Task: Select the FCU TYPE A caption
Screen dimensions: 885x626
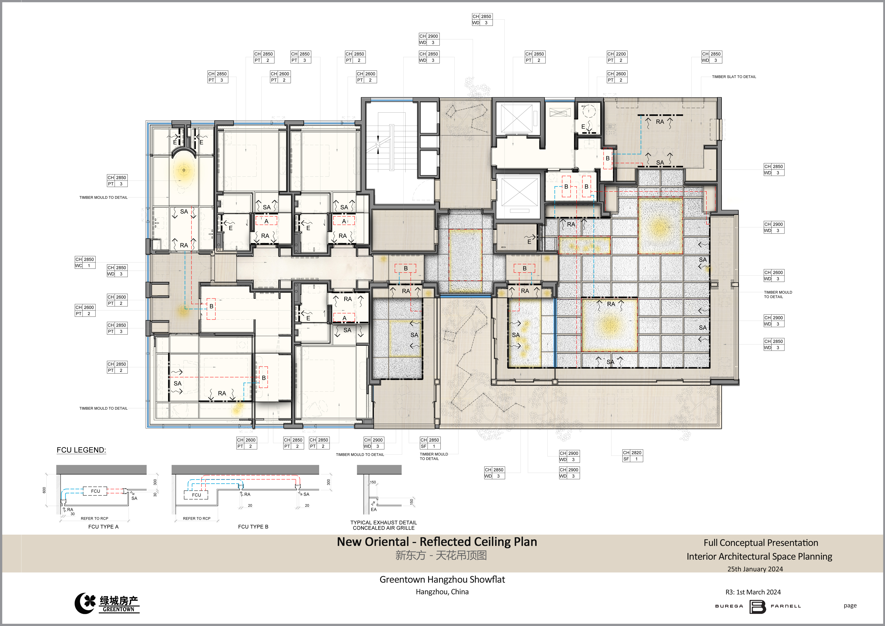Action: [x=103, y=527]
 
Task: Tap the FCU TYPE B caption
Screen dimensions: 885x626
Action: [x=253, y=527]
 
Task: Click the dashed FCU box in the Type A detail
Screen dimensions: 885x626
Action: [x=95, y=491]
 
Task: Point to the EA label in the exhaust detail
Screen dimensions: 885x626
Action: [x=374, y=510]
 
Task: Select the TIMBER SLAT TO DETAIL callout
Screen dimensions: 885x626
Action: [x=734, y=77]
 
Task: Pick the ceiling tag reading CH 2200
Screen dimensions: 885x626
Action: [x=617, y=57]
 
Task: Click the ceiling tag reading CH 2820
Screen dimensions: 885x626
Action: [x=633, y=456]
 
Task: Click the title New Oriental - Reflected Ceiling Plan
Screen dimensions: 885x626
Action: [x=437, y=542]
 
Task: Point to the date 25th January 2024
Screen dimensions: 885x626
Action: [x=755, y=569]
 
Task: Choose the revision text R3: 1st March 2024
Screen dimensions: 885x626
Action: [x=753, y=592]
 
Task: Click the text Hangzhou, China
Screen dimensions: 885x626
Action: [x=442, y=592]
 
